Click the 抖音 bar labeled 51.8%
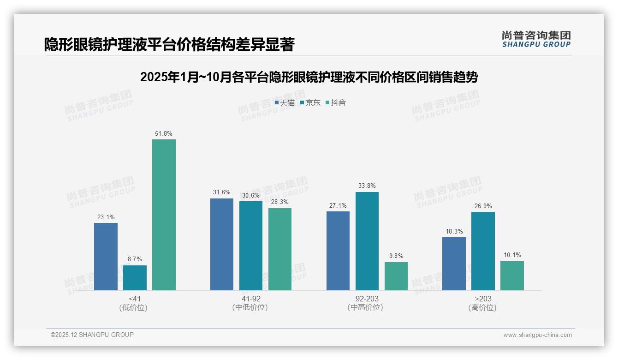(x=164, y=215)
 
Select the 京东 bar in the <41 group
(x=135, y=278)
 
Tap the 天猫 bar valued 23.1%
(x=106, y=257)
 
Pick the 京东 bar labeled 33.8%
(x=367, y=241)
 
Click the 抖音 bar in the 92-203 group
(x=396, y=276)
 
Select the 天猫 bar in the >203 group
(x=454, y=264)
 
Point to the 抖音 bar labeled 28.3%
(x=280, y=249)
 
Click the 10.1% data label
(x=512, y=255)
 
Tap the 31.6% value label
(x=222, y=192)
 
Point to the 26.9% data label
(x=483, y=206)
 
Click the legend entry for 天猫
(x=285, y=103)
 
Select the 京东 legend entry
(x=310, y=103)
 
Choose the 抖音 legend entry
(x=336, y=103)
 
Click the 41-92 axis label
(x=250, y=299)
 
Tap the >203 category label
(x=483, y=299)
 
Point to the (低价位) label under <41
(x=133, y=307)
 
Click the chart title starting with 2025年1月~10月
(x=309, y=77)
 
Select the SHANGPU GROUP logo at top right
(x=536, y=39)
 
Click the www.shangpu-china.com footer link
(x=537, y=335)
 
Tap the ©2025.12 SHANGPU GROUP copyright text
(x=92, y=335)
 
